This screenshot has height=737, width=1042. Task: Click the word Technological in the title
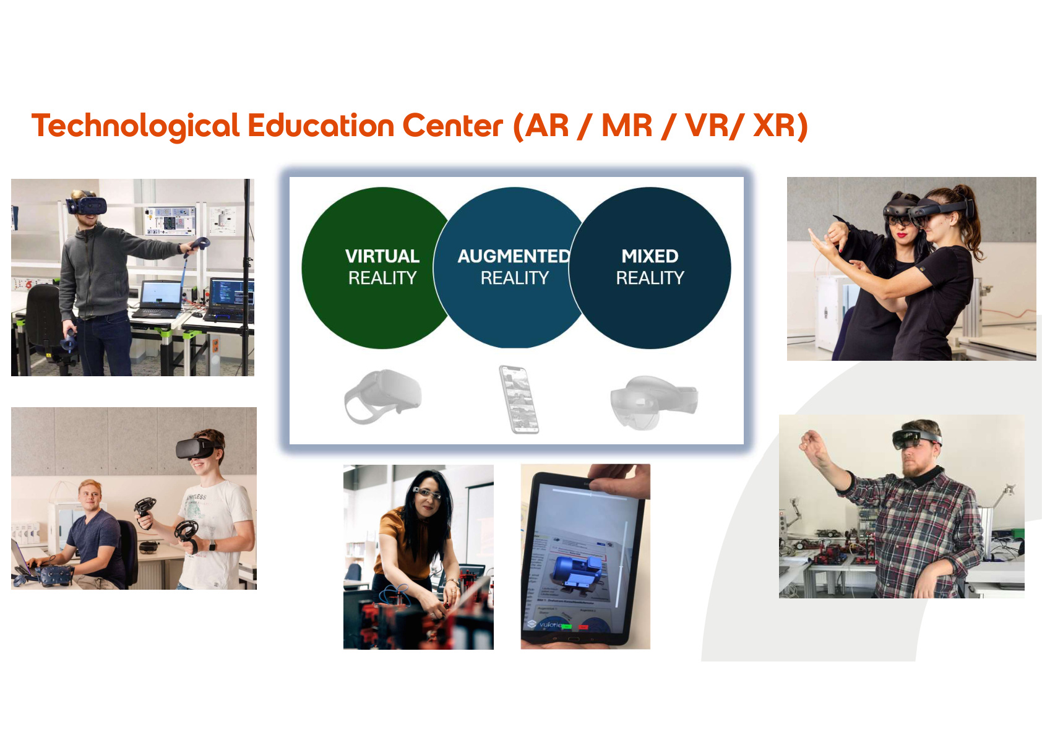135,126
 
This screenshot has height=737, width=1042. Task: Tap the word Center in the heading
452,126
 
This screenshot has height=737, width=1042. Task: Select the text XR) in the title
780,126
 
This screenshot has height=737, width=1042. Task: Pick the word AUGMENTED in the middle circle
513,256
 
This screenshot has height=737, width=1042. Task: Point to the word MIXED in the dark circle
650,256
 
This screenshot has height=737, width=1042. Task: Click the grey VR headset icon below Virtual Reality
383,396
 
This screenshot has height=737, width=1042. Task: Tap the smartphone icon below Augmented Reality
519,399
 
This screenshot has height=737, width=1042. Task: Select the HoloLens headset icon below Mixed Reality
653,401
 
